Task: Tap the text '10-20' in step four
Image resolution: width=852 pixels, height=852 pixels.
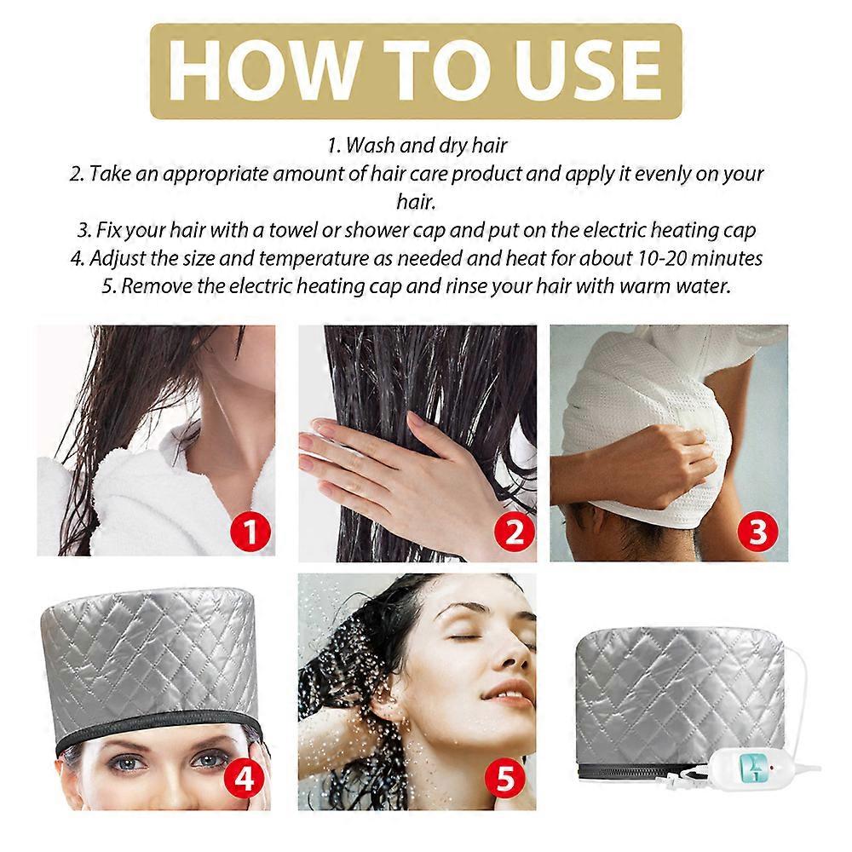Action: click(x=653, y=257)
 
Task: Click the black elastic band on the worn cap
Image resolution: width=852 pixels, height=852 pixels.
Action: click(x=153, y=726)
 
